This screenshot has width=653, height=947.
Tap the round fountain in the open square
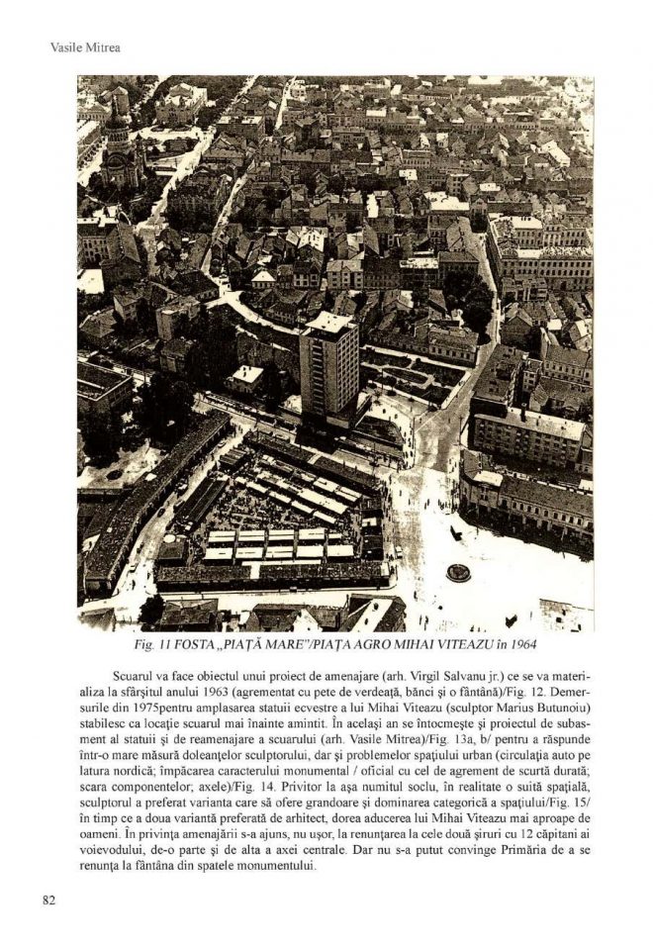tap(458, 572)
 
